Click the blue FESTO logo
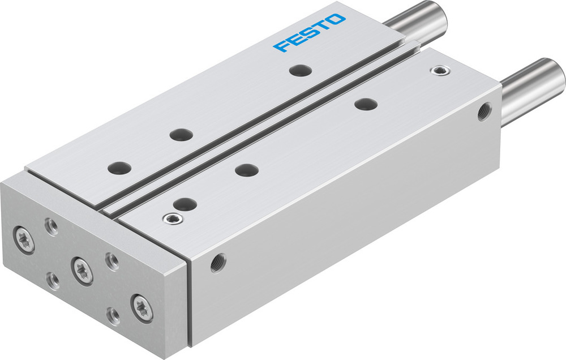(310, 33)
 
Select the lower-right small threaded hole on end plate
(114, 316)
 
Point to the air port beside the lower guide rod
(484, 112)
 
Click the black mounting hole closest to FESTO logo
(300, 70)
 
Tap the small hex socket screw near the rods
(438, 70)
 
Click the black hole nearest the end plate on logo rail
(119, 168)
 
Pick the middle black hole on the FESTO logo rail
(181, 135)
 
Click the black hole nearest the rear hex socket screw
(366, 104)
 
